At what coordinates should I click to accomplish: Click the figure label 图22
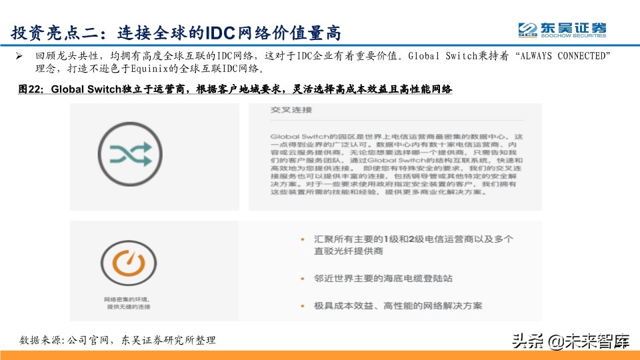31,89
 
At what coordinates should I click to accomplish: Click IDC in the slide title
222,31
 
